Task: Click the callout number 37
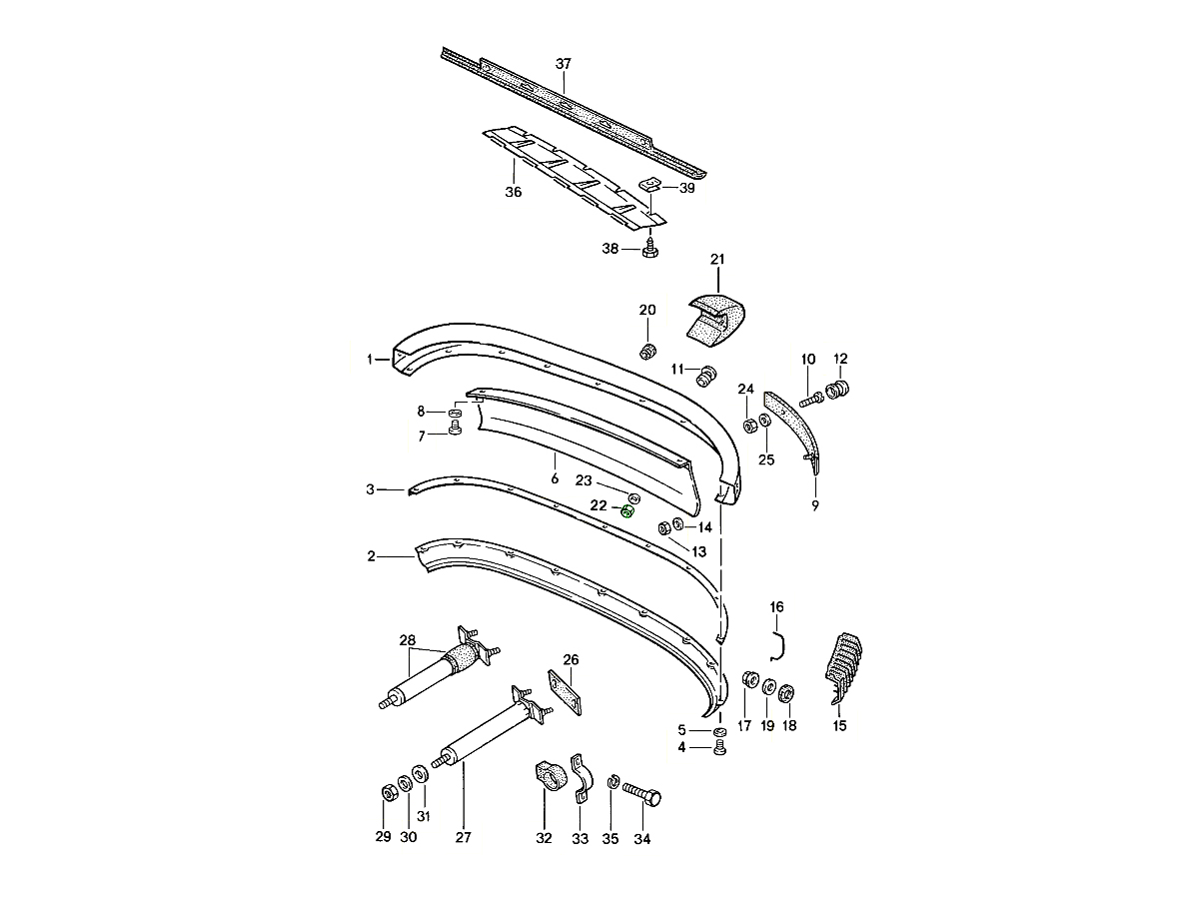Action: coord(564,64)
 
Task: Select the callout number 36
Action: coord(513,192)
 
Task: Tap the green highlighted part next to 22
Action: coord(627,511)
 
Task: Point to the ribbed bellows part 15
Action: coord(845,664)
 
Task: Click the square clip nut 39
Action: coord(649,185)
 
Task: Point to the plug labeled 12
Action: coord(840,388)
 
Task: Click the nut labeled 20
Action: coord(647,351)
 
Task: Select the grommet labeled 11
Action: coord(708,377)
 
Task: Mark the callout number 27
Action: coord(463,838)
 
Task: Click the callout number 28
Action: coord(407,639)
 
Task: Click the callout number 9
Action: coord(815,506)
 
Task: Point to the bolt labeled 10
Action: coord(812,398)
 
